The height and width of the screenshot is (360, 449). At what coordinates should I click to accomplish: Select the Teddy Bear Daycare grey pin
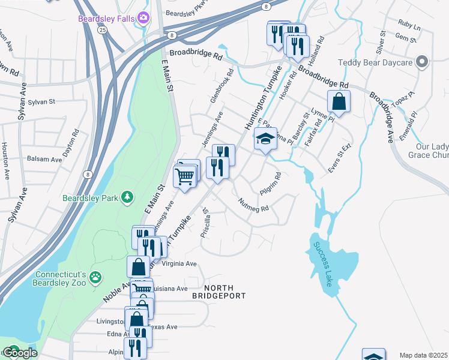coord(422,62)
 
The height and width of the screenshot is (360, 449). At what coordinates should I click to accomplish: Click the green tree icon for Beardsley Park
coord(127,197)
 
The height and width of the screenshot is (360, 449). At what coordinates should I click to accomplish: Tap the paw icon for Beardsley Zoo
coord(95,278)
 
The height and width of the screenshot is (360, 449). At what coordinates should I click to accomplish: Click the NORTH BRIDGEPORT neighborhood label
coord(218,291)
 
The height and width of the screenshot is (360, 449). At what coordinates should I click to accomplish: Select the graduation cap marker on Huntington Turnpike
coord(265,140)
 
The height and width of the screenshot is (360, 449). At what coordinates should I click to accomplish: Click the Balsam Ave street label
coord(44,160)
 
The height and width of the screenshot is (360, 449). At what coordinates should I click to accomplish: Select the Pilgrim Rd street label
coord(271,184)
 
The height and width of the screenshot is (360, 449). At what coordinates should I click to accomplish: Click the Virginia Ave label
coord(179,263)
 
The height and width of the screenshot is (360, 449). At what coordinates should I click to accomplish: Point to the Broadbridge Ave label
coord(381,118)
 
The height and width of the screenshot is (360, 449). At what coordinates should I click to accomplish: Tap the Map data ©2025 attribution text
coord(424,355)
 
